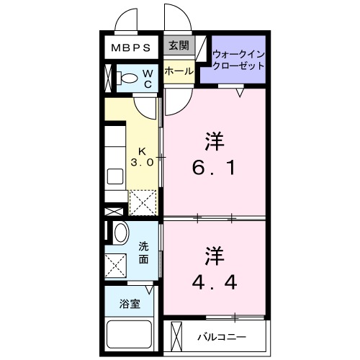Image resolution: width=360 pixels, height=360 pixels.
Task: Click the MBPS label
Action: coord(130,48)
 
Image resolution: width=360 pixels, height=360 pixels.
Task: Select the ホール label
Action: coord(178,71)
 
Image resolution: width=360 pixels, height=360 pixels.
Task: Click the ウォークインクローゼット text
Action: coord(238,59)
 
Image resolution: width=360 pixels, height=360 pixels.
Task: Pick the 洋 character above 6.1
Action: coord(214,140)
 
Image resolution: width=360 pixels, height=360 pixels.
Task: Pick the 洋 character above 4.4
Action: coord(214,255)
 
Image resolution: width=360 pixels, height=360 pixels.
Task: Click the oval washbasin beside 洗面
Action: coord(120,233)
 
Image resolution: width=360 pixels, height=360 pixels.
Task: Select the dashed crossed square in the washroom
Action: coord(116,264)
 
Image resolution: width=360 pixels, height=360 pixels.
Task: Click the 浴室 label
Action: coord(130,305)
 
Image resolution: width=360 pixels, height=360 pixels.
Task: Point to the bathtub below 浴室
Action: coord(130,335)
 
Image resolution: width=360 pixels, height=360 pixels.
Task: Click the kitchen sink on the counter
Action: coord(115,176)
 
